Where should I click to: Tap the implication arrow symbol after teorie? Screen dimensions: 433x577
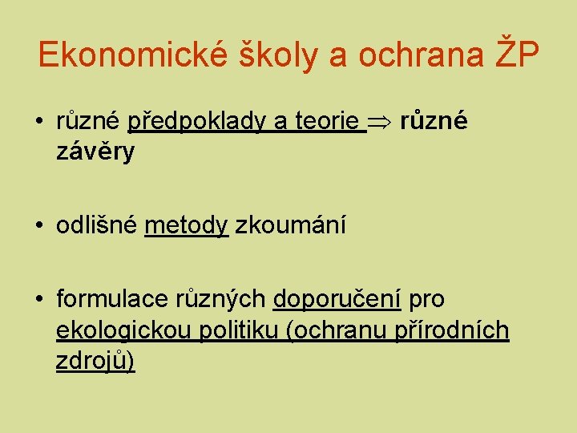(379, 123)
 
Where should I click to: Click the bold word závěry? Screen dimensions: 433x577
(95, 152)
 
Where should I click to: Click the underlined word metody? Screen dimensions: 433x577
(187, 227)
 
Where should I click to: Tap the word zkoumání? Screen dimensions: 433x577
(291, 226)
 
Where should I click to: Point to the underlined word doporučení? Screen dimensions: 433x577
(337, 300)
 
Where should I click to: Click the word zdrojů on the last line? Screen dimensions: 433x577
(91, 362)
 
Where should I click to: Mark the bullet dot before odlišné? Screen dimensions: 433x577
(39, 227)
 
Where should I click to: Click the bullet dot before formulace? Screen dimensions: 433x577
(39, 300)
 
